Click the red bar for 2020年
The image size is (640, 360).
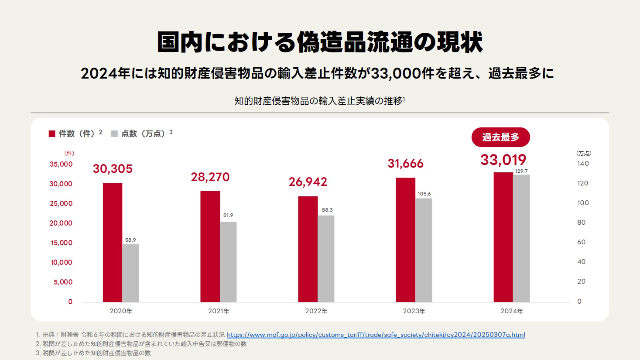pyautogui.click(x=112, y=242)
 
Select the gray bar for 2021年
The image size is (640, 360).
pyautogui.click(x=228, y=262)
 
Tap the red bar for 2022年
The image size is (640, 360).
pyautogui.click(x=308, y=249)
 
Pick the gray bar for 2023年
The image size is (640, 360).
pyautogui.click(x=424, y=250)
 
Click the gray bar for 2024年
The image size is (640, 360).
pyautogui.click(x=521, y=238)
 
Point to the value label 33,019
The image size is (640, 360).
pyautogui.click(x=503, y=160)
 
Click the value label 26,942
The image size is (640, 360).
pyautogui.click(x=308, y=182)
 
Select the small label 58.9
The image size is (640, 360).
pyautogui.click(x=130, y=240)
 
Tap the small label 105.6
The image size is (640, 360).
pyautogui.click(x=424, y=194)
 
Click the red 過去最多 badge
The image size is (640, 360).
pyautogui.click(x=500, y=137)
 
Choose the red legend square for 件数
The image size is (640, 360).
pyautogui.click(x=52, y=134)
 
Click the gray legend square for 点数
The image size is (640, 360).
pyautogui.click(x=114, y=134)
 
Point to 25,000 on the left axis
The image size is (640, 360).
pyautogui.click(x=61, y=203)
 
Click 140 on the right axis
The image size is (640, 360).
pyautogui.click(x=583, y=164)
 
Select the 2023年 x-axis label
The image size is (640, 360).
pyautogui.click(x=414, y=311)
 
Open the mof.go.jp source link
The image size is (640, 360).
pyautogui.click(x=376, y=335)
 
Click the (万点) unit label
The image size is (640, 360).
pyautogui.click(x=584, y=153)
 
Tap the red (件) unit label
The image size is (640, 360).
pyautogui.click(x=69, y=153)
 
